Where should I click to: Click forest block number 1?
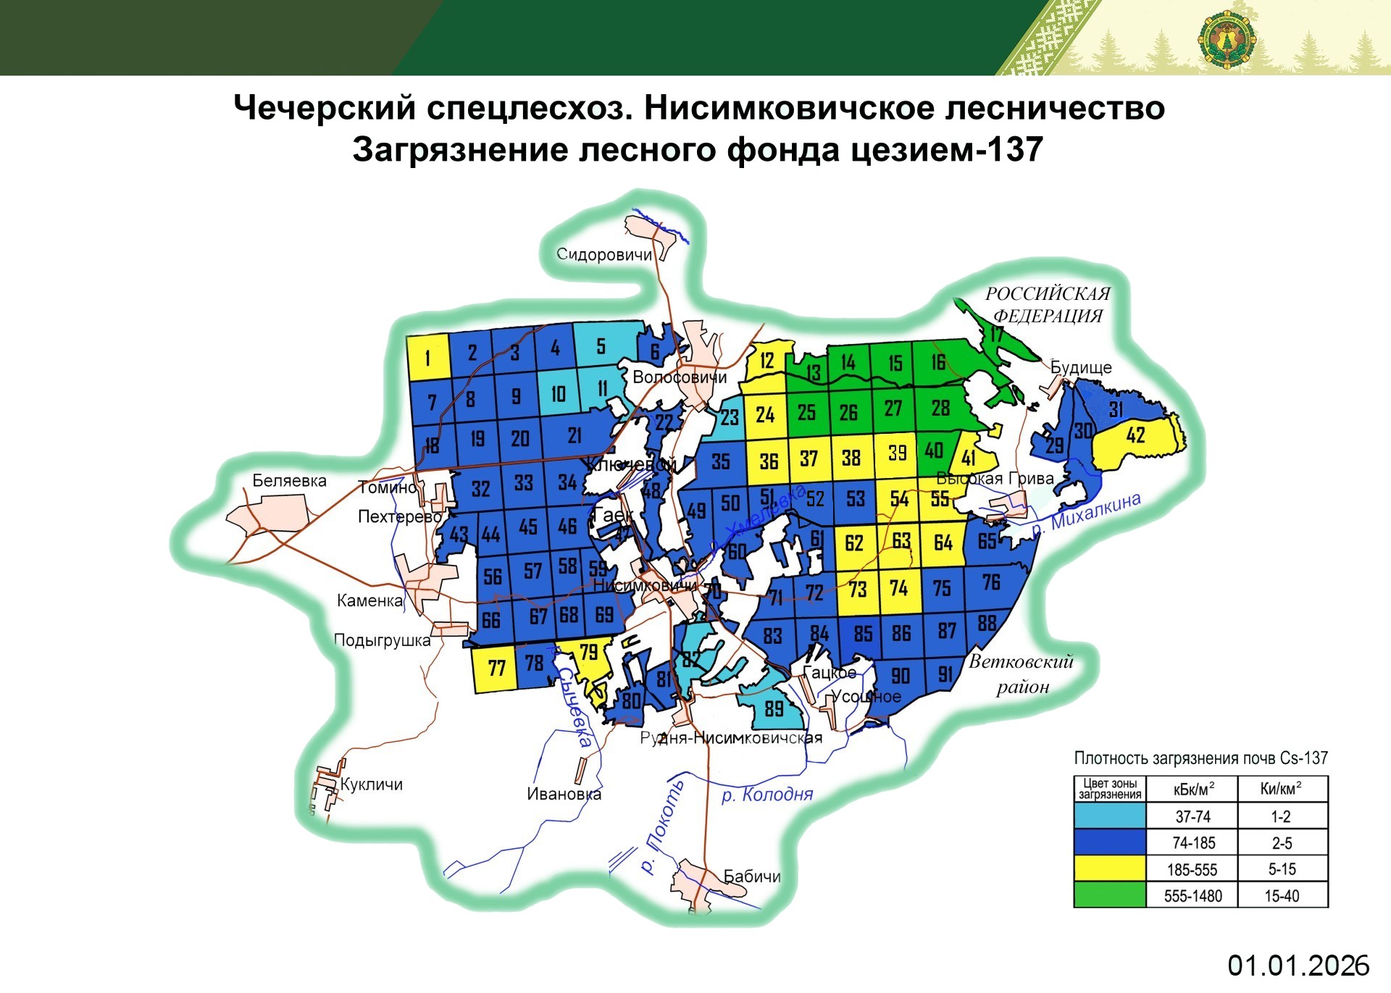click(427, 357)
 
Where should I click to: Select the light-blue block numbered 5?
click(601, 346)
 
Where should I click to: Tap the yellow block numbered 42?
click(1135, 436)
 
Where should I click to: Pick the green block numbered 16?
click(938, 361)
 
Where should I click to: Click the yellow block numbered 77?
click(496, 668)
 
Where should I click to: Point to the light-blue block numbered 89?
click(774, 708)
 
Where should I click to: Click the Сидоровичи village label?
click(603, 254)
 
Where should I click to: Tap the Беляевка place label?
click(289, 481)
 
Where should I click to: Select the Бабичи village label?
click(752, 876)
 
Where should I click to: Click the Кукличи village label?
click(371, 784)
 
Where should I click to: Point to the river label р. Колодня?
click(767, 795)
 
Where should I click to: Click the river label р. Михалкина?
click(1086, 514)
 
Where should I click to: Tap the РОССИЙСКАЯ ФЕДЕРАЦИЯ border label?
click(1048, 305)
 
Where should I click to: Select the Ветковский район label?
click(1022, 674)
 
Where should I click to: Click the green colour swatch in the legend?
click(1109, 894)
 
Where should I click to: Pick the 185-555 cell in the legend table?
click(1192, 869)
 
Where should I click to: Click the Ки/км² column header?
click(1281, 789)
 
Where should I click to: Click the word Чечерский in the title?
click(325, 108)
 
